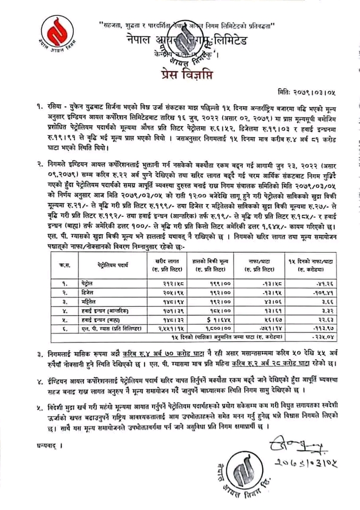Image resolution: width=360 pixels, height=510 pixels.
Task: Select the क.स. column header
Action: pyautogui.click(x=66, y=262)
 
